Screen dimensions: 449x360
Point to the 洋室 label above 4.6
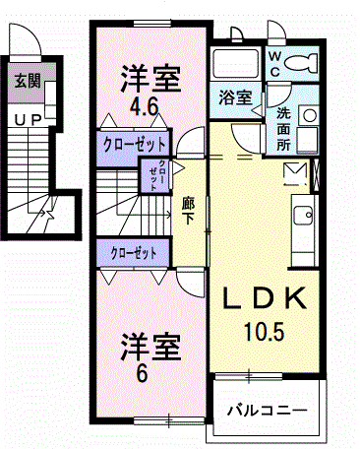[x=150, y=76]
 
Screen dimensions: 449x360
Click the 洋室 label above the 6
[x=150, y=349]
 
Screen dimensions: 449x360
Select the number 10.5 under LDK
[x=265, y=332]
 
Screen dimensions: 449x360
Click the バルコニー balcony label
[x=268, y=409]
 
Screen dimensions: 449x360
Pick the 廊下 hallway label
[x=187, y=212]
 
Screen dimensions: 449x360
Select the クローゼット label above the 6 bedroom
[x=134, y=253]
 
